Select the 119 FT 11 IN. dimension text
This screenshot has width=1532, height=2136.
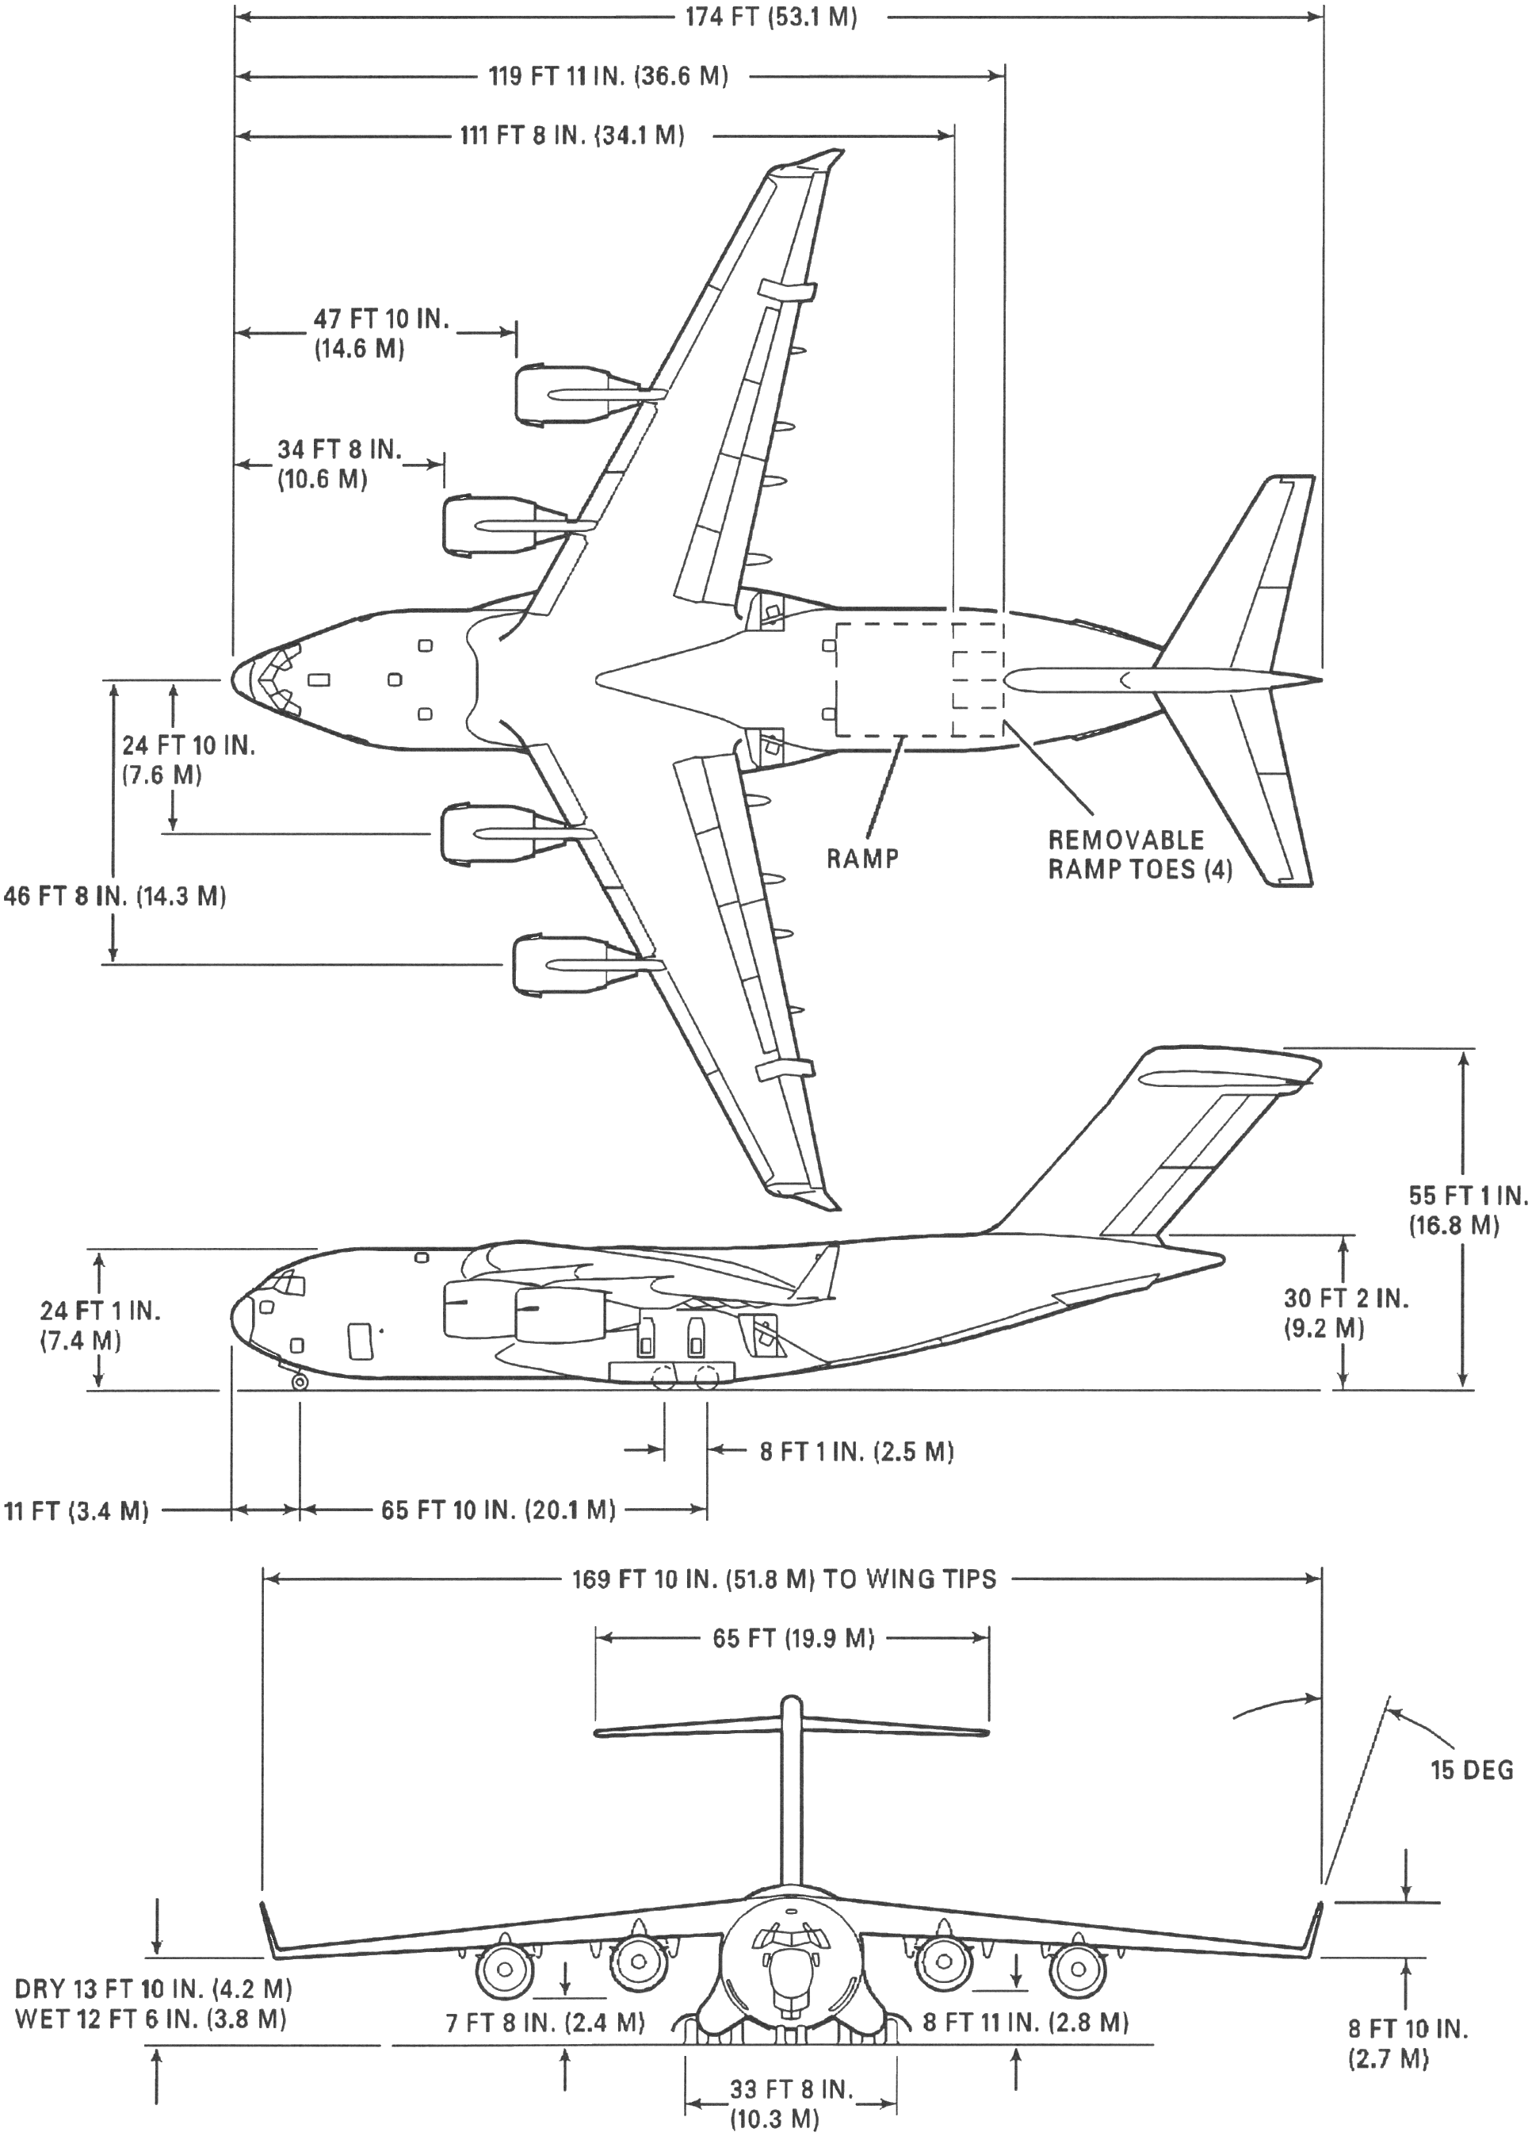point(608,76)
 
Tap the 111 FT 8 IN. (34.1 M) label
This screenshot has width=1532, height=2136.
point(571,136)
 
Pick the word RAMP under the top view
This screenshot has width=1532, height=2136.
point(862,858)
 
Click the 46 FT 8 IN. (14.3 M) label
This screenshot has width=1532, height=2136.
point(115,896)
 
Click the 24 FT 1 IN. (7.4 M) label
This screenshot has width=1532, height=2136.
point(100,1325)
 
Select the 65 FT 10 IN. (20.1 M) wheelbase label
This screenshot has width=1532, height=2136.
point(498,1510)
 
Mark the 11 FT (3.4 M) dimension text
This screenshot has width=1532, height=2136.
point(76,1511)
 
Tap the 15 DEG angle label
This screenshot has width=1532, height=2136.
point(1472,1770)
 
